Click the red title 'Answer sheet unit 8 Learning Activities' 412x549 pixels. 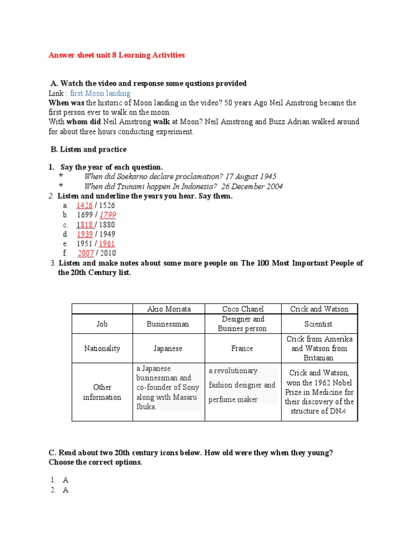(x=116, y=55)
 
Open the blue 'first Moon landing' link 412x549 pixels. (x=100, y=93)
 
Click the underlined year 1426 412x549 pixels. (x=85, y=205)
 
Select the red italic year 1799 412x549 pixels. (x=107, y=215)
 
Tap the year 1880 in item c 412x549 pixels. (x=106, y=225)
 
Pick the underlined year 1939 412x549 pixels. (x=85, y=234)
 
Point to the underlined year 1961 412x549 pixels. (x=107, y=244)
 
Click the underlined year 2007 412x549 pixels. (x=86, y=253)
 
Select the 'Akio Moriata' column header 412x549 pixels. (x=169, y=309)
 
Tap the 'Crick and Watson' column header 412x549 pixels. (x=319, y=309)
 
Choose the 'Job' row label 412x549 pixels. (x=102, y=324)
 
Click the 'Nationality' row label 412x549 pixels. (x=102, y=348)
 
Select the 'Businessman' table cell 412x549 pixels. (x=168, y=324)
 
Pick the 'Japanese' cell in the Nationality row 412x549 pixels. (x=168, y=348)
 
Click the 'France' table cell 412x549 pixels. (x=242, y=348)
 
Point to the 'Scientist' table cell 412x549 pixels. (x=319, y=324)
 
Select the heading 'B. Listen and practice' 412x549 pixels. (x=88, y=149)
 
